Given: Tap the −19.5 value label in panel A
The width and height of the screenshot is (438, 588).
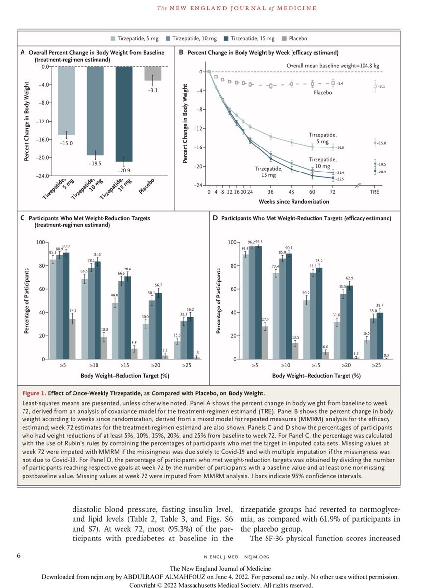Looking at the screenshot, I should (95, 163).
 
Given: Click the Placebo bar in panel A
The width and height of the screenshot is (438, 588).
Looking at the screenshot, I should (152, 73).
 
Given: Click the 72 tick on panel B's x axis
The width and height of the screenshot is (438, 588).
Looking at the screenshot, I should (333, 193).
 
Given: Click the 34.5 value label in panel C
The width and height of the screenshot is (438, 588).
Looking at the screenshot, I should (72, 311).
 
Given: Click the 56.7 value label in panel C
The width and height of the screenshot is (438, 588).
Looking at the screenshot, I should (158, 285).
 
